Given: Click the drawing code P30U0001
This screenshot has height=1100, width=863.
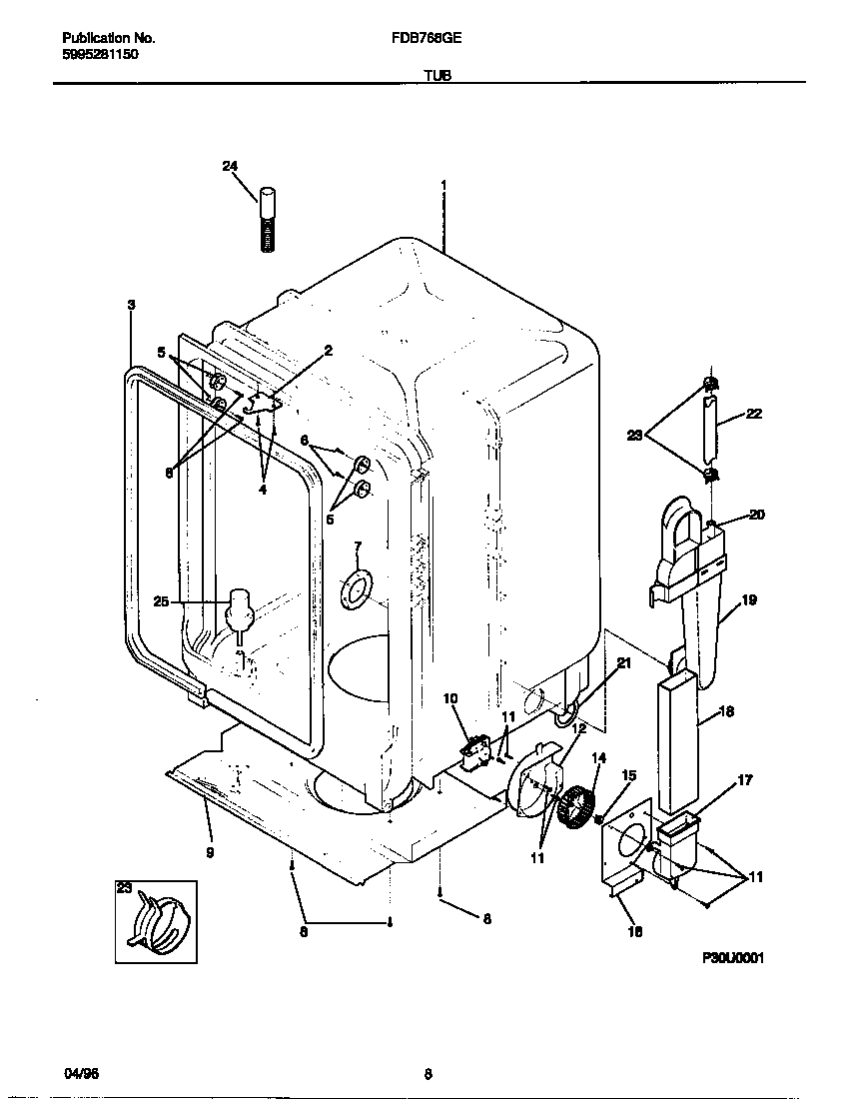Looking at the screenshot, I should tap(733, 957).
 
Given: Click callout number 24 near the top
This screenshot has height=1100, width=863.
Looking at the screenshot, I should tap(230, 167).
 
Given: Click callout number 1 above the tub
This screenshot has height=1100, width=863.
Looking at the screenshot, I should tap(442, 185).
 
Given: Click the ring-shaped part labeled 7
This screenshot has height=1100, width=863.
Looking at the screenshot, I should tap(355, 589).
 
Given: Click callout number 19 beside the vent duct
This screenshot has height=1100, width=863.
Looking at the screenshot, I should tap(749, 599).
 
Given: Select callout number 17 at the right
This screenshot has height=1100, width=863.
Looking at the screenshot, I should tap(744, 779).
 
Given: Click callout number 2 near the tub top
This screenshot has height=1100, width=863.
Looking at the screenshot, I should tap(327, 350).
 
